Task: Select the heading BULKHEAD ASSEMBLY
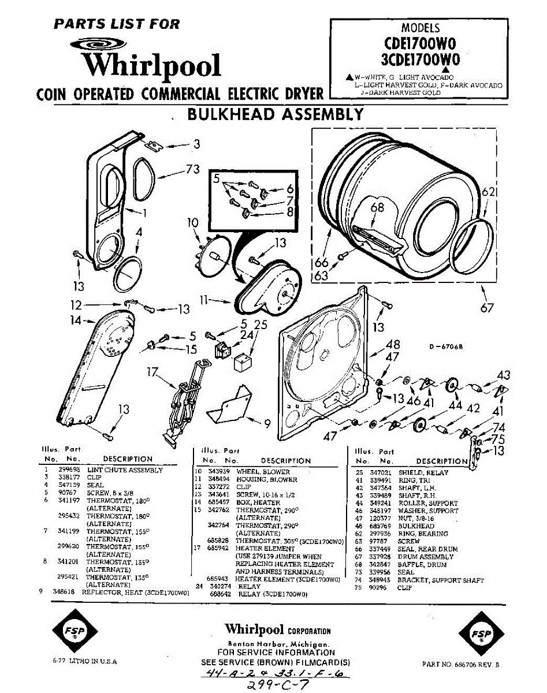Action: pos(276,114)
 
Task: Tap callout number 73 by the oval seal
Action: pos(192,169)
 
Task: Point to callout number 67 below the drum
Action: pos(487,308)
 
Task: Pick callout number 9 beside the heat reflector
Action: pos(267,424)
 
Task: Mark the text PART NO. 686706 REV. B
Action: pos(460,665)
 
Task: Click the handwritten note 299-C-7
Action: pos(277,684)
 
